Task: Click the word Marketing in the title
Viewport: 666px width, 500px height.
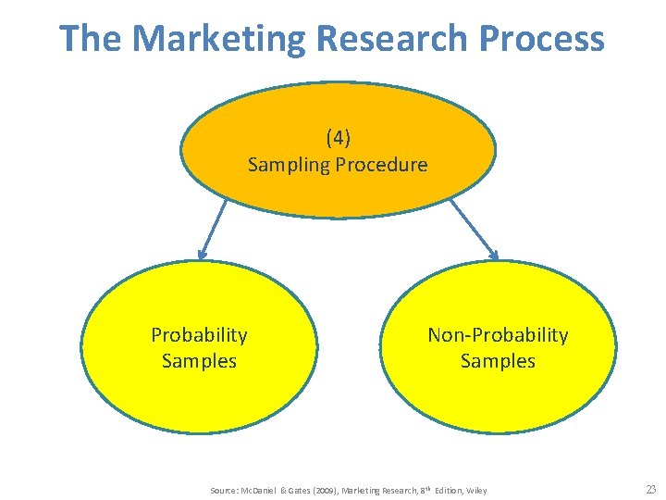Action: tap(217, 39)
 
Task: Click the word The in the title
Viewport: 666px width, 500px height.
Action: tap(91, 39)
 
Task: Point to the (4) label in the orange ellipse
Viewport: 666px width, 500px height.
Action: tap(338, 139)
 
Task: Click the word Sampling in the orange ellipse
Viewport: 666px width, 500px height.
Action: tap(284, 165)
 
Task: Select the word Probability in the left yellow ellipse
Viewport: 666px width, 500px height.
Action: tap(199, 334)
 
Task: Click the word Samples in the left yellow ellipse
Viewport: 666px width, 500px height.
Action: tap(199, 360)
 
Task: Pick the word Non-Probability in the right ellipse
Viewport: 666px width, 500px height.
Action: tap(498, 334)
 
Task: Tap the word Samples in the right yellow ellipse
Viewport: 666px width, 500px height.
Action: tap(498, 360)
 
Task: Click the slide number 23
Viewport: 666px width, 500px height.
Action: tap(650, 490)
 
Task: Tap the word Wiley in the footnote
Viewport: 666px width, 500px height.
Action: tap(476, 490)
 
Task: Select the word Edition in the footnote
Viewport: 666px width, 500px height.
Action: tap(445, 490)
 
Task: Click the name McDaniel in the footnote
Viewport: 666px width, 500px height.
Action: tap(261, 490)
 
